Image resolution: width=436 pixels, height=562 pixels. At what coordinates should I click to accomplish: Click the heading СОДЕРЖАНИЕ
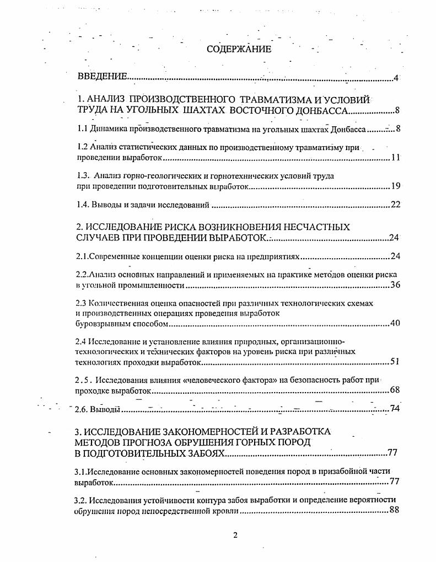[x=239, y=49]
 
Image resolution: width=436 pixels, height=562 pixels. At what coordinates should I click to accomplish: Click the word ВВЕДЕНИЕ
[x=102, y=77]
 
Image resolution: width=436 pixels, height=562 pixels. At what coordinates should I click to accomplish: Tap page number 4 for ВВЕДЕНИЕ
[x=396, y=77]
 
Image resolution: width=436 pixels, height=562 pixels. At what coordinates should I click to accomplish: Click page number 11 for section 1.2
[x=395, y=158]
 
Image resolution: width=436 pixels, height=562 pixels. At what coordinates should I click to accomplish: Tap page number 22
[x=395, y=205]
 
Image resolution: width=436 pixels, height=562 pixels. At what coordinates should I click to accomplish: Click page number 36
[x=395, y=285]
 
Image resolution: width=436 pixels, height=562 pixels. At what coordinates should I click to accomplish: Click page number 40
[x=395, y=323]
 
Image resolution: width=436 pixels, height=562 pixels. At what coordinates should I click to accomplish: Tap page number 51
[x=395, y=362]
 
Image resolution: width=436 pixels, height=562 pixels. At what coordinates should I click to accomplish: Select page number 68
[x=395, y=390]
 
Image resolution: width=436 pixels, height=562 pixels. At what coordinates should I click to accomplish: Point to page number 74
[x=395, y=409]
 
